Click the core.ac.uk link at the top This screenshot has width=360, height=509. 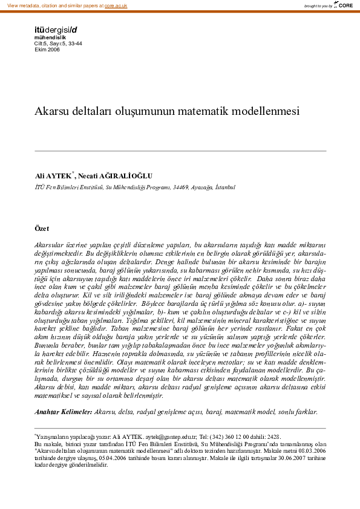(x=116, y=5)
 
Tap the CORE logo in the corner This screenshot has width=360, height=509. (x=344, y=5)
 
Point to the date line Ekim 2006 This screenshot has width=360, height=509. (x=47, y=49)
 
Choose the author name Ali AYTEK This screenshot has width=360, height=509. (x=53, y=176)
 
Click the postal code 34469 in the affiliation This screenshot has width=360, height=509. (x=182, y=187)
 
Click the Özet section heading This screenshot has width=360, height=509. (x=42, y=229)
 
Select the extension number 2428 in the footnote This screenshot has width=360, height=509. (x=273, y=436)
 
